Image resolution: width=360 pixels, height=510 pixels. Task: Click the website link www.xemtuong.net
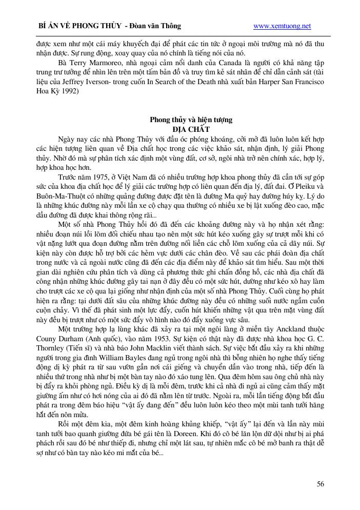point(282,26)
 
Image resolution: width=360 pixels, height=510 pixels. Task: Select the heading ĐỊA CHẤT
point(191,129)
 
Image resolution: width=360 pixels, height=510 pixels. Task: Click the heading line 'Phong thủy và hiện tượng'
point(191,120)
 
